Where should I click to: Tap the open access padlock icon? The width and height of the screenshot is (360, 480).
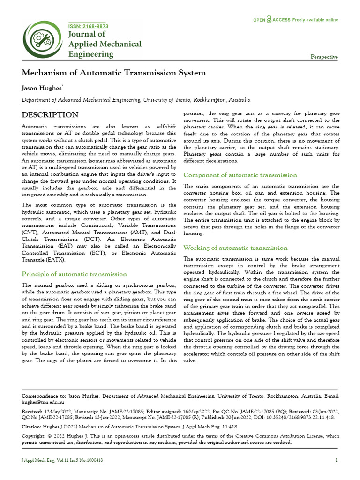click(269, 20)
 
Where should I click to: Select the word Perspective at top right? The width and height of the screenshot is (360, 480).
click(324, 57)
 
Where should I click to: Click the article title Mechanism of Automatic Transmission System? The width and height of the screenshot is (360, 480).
click(114, 73)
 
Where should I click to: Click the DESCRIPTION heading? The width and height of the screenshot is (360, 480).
click(51, 115)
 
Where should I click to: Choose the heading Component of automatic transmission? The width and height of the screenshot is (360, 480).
click(240, 175)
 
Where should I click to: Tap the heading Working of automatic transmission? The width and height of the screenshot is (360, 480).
click(235, 247)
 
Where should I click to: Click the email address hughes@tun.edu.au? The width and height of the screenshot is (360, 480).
click(43, 402)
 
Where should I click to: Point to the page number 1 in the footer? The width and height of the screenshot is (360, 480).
click(337, 460)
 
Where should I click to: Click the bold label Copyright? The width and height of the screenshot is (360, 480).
click(35, 436)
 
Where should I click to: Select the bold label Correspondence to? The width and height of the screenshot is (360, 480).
click(45, 396)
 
